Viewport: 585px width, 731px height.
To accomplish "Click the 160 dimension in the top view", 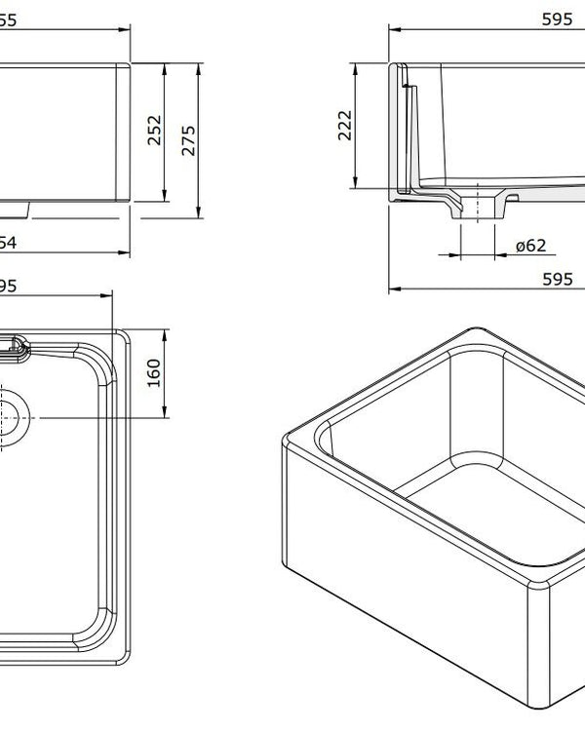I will pyautogui.click(x=154, y=372).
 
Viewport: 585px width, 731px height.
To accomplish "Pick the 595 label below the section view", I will pyautogui.click(x=556, y=279).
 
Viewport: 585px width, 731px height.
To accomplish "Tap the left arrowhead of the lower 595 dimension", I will pyautogui.click(x=393, y=289).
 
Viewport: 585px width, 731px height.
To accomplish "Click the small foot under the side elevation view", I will pyautogui.click(x=19, y=209).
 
